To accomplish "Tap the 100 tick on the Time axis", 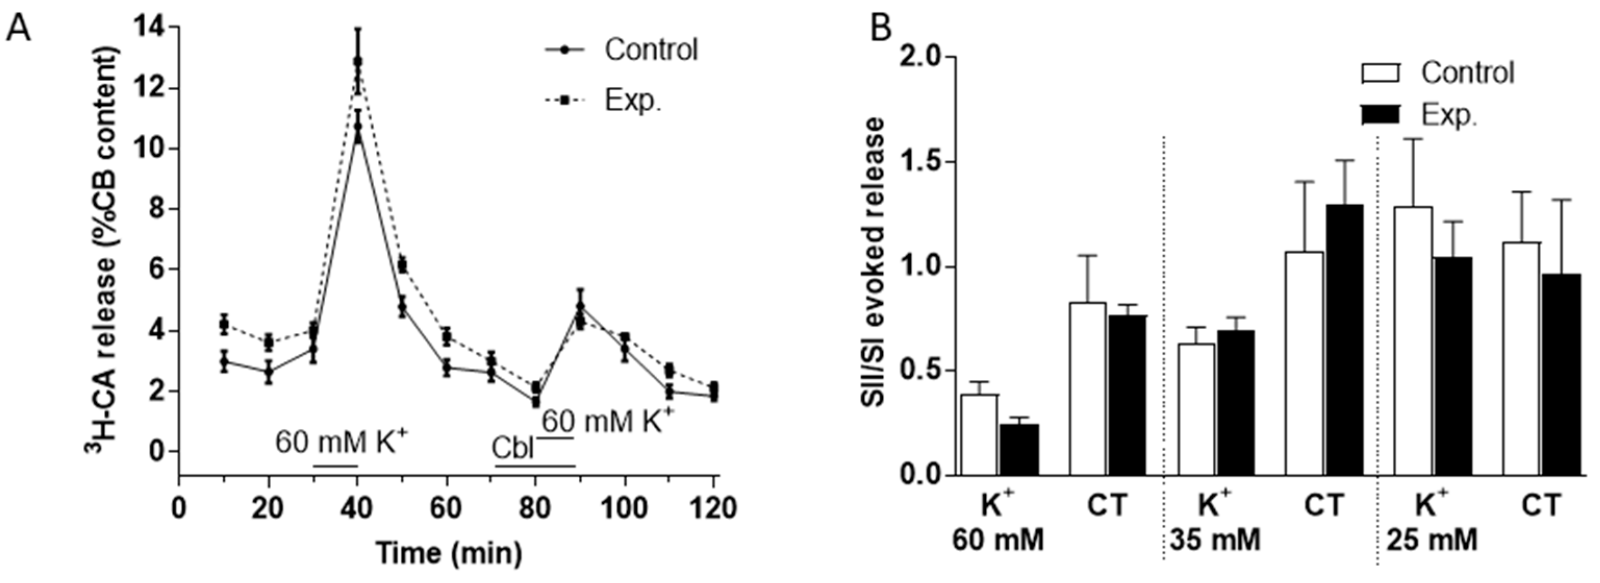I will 624,508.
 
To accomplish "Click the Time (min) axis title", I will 449,552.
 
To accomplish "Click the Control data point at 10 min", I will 224,362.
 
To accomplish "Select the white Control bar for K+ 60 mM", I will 980,435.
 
